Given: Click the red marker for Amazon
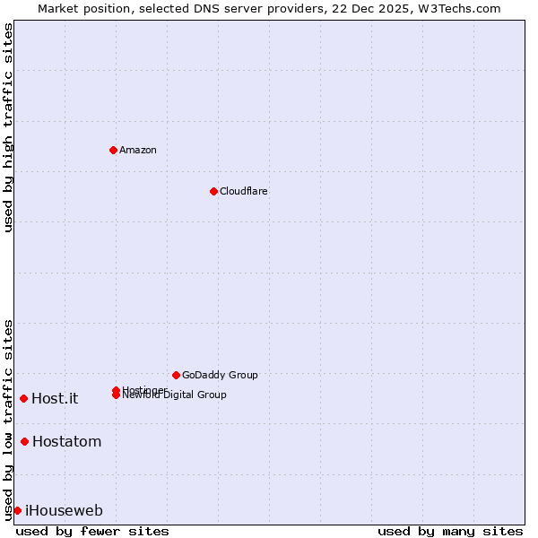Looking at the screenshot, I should [113, 150].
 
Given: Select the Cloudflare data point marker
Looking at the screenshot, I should [213, 191].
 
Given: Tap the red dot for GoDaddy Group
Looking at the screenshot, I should [176, 375].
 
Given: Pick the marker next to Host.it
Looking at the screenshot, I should [23, 398].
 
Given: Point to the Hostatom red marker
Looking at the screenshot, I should [24, 441].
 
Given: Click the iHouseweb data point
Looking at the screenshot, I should [17, 510].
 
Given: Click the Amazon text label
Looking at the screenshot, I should [137, 150].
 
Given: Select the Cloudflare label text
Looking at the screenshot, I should [243, 191].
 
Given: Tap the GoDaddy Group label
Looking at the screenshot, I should [220, 375].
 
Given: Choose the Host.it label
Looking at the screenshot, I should [55, 399].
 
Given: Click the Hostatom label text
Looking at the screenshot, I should [66, 441].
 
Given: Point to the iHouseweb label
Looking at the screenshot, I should [64, 511].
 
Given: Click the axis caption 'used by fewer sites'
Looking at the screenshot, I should [92, 531].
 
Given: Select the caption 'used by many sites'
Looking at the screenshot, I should [450, 531].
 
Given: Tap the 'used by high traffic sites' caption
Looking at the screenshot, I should [8, 127].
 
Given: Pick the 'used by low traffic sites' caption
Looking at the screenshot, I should [8, 419].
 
